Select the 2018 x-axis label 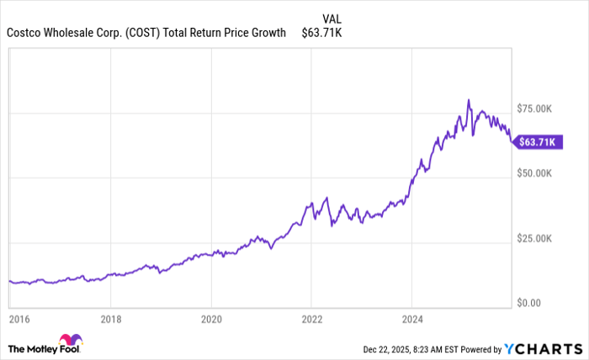111,320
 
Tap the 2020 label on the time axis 211,320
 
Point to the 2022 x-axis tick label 311,320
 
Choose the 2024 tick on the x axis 411,320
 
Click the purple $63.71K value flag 538,142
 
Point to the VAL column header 332,18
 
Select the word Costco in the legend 24,33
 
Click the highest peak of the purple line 469,100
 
